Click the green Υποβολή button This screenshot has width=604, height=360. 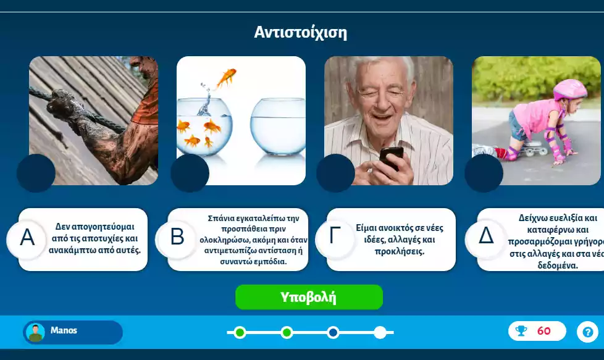coord(309,297)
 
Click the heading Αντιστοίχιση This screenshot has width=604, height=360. coord(301,32)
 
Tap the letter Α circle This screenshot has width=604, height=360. coord(27,238)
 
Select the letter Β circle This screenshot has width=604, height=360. coord(177,238)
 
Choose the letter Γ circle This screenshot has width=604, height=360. coord(335,238)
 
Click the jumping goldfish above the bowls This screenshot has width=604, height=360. coord(226,77)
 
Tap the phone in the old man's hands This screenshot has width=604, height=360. coord(390,157)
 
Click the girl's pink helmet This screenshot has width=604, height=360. coord(569,89)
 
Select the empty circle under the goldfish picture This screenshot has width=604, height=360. coord(190,173)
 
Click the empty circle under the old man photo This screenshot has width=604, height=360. coord(335,173)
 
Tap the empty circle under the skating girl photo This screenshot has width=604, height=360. coord(484,173)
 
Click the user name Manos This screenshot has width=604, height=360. coord(64,330)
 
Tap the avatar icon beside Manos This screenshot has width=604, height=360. coord(35,332)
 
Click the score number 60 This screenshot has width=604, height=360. coord(543,331)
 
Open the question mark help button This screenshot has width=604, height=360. coord(587,332)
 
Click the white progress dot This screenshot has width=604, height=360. coord(380,333)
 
